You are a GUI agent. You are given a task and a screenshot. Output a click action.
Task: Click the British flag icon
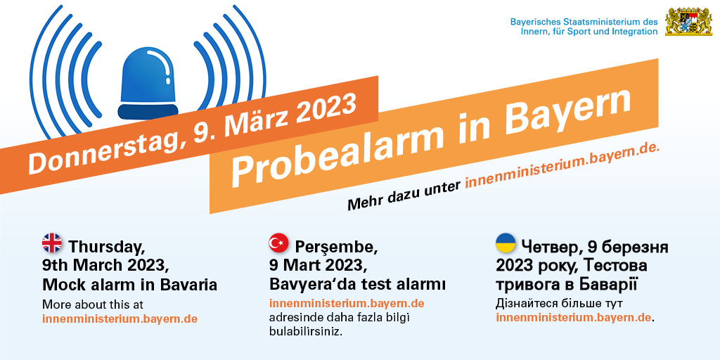click(52, 243)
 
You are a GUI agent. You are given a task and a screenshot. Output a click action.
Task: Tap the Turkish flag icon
click(278, 243)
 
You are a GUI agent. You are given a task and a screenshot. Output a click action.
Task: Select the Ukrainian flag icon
click(506, 243)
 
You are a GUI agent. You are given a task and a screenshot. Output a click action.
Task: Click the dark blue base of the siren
click(148, 112)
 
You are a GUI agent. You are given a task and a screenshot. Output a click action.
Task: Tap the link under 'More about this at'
click(120, 319)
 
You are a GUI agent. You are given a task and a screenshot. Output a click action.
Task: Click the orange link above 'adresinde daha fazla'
click(347, 304)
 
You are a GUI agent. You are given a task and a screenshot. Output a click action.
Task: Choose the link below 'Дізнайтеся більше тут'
click(574, 318)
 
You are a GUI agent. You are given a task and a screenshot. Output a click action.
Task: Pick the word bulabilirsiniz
click(306, 331)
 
